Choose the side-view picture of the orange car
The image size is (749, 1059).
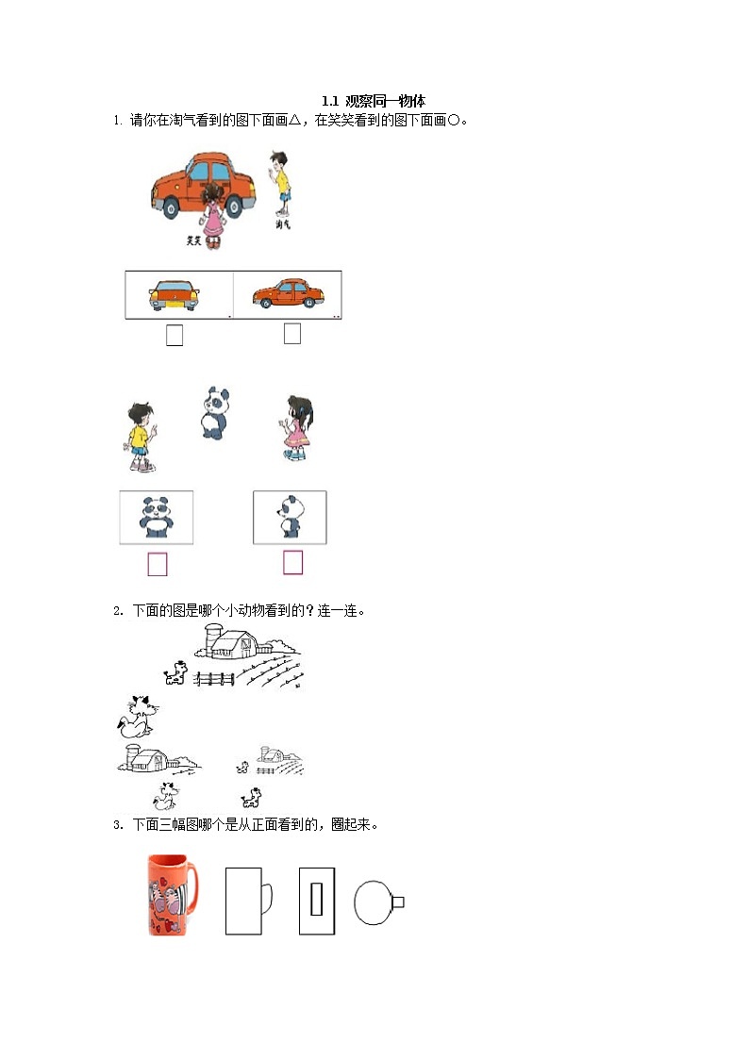coord(287,294)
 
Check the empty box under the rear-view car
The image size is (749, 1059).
coord(175,335)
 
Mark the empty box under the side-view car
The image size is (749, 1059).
coord(292,334)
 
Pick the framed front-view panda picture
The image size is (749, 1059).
coord(156,517)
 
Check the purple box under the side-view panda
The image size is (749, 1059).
coord(293,563)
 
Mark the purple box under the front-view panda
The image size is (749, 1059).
coord(158,564)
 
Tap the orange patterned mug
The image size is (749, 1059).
coord(171,894)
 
